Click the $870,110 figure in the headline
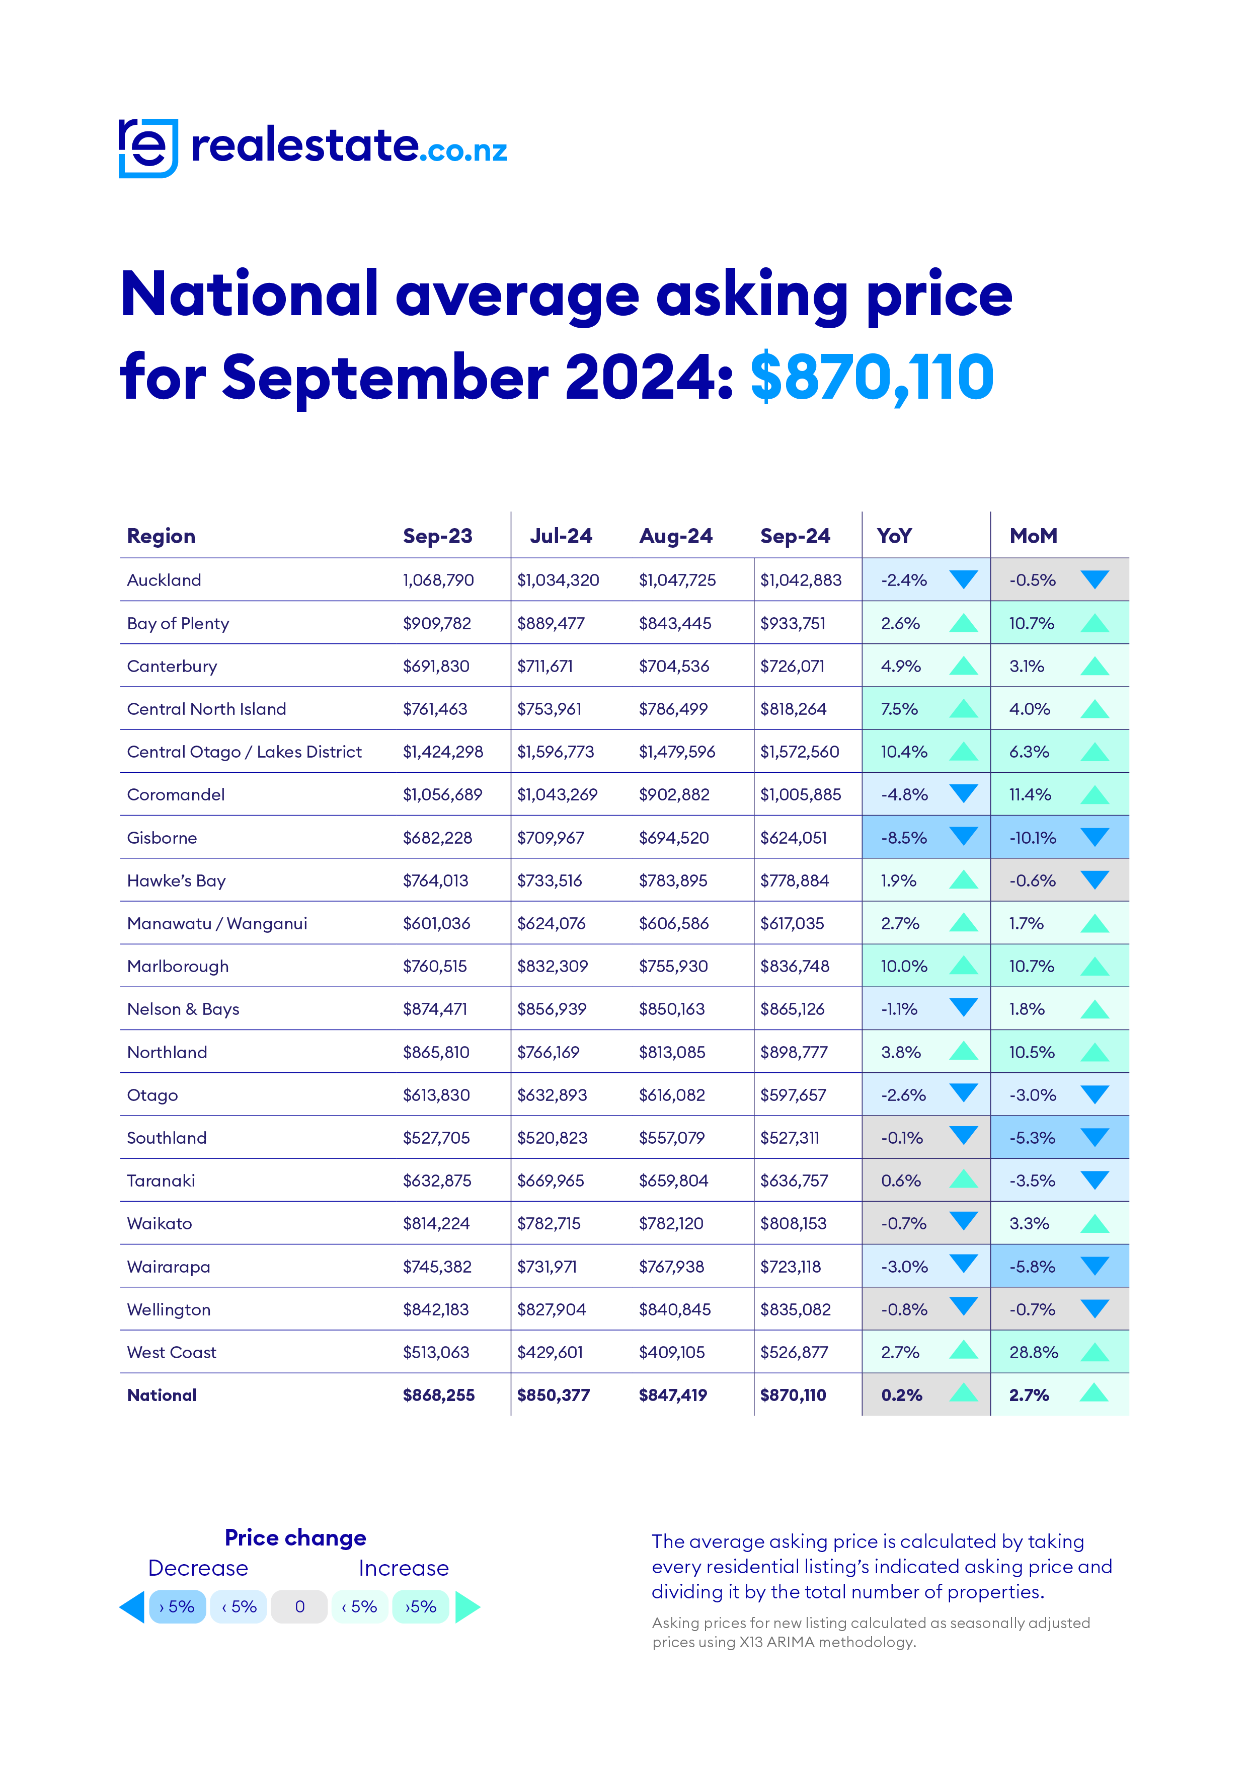(871, 377)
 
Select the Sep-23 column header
(437, 536)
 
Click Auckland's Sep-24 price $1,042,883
(801, 580)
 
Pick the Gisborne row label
(162, 838)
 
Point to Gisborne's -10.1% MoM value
(1032, 838)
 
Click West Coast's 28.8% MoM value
(1033, 1352)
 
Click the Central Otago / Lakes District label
(244, 752)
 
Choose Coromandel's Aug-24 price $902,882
(674, 794)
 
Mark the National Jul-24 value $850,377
(553, 1395)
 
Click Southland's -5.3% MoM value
(1032, 1138)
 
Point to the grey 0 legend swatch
(300, 1607)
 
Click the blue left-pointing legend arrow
(133, 1607)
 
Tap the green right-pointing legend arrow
(467, 1607)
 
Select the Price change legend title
(295, 1537)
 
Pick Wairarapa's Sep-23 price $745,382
(437, 1266)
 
